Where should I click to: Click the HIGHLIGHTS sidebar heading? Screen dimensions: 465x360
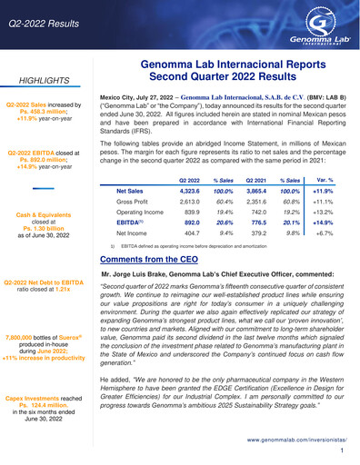(41, 79)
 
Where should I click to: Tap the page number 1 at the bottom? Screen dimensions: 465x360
(341, 450)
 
